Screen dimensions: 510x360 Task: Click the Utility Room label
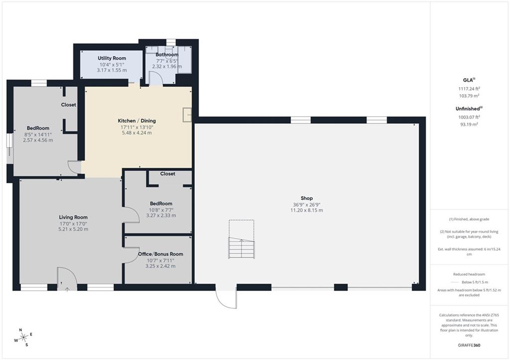112,58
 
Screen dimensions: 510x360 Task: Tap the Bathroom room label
167,55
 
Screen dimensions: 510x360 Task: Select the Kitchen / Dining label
136,120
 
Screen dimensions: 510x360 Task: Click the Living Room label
73,217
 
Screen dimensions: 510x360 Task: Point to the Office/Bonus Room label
160,254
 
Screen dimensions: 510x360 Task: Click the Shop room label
307,198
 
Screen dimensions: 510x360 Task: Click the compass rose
23,338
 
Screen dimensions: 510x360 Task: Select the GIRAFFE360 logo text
469,345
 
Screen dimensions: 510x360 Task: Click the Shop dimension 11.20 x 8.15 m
307,210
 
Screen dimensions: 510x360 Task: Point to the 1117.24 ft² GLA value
469,89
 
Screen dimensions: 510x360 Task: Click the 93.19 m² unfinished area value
468,124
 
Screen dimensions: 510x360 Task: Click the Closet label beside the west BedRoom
69,105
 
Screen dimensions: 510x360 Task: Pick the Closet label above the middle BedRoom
167,174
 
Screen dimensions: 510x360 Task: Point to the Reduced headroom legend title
469,274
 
